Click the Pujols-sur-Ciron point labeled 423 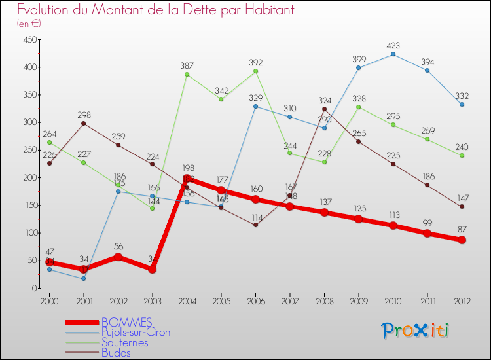pyautogui.click(x=393, y=54)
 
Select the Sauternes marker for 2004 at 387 pyautogui.click(x=187, y=74)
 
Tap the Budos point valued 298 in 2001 pyautogui.click(x=83, y=123)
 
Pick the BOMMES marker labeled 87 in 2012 pyautogui.click(x=462, y=240)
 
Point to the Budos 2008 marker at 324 pyautogui.click(x=324, y=109)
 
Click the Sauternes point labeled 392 pyautogui.click(x=255, y=71)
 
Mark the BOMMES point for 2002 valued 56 pyautogui.click(x=118, y=257)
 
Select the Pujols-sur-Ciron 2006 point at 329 pyautogui.click(x=255, y=106)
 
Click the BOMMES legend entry pyautogui.click(x=127, y=322)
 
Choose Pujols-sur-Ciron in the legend pyautogui.click(x=136, y=333)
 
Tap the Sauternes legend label pyautogui.click(x=124, y=343)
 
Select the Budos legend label pyautogui.click(x=116, y=353)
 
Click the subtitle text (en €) pyautogui.click(x=29, y=23)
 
